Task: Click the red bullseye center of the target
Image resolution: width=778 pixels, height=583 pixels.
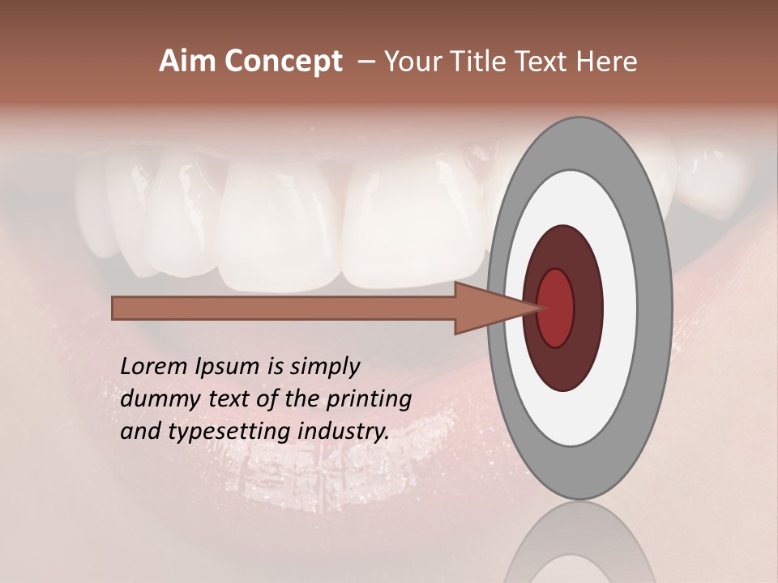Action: [x=555, y=308]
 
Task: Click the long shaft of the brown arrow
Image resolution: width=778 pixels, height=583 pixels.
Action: [x=284, y=308]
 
